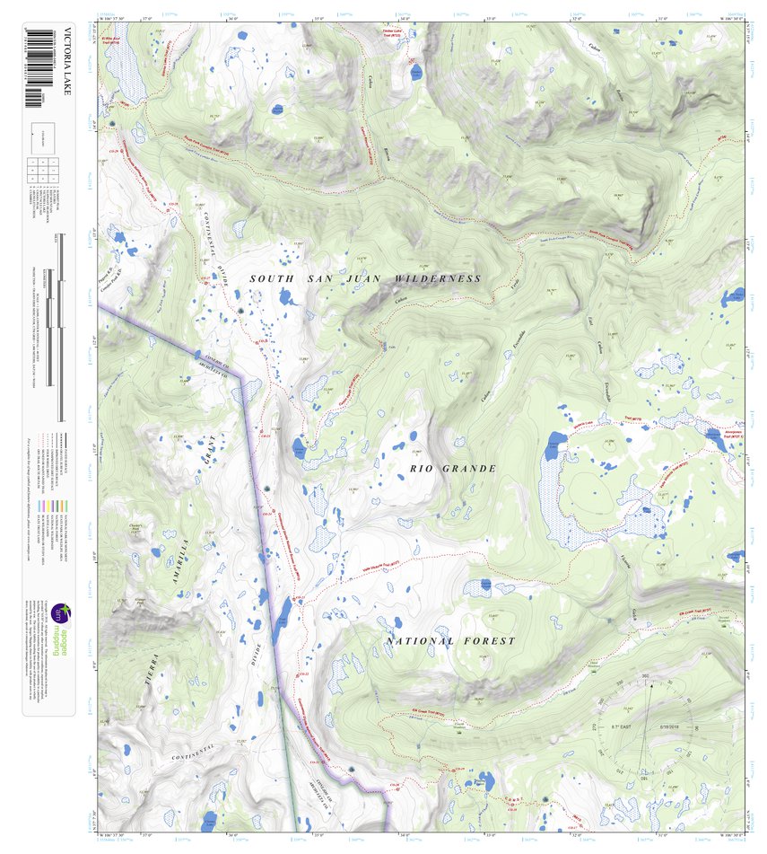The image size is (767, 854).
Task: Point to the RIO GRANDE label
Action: (x=453, y=469)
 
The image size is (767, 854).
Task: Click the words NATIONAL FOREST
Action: (x=451, y=641)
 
